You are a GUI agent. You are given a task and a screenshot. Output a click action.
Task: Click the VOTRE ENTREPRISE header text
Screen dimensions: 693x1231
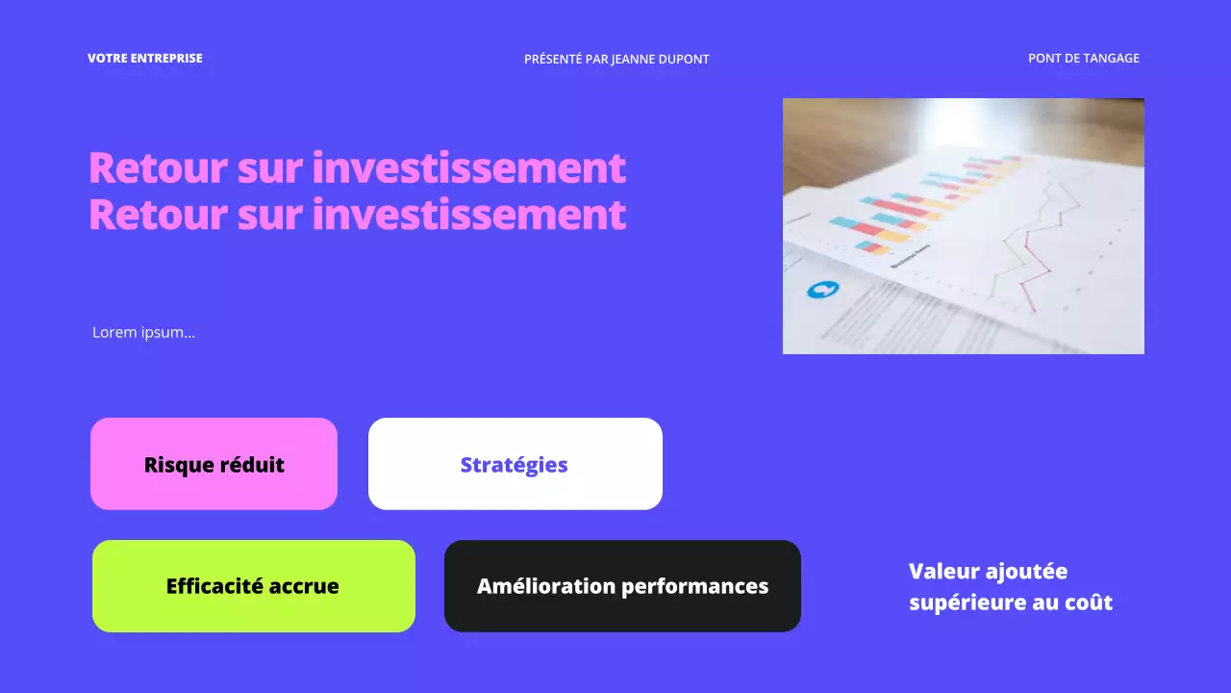[x=145, y=59]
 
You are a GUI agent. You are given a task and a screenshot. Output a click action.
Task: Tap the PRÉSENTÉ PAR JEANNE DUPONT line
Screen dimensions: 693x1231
[x=616, y=60]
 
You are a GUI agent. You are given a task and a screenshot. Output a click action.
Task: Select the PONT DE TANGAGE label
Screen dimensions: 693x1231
[x=1084, y=59]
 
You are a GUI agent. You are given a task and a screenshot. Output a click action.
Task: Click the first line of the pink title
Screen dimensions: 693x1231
[x=357, y=168]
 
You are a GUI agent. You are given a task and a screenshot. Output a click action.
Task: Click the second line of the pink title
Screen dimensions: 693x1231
[x=357, y=215]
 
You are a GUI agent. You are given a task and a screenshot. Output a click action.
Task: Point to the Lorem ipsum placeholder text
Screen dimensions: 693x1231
[x=143, y=333]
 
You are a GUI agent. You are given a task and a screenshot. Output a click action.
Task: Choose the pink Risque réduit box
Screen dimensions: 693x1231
[x=214, y=464]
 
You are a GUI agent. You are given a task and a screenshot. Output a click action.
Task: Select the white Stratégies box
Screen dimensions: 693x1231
[x=515, y=464]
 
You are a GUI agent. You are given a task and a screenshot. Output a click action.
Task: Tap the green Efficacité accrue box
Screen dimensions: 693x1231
[x=253, y=586]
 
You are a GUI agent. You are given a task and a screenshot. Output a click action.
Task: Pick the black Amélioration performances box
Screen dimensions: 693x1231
[x=622, y=586]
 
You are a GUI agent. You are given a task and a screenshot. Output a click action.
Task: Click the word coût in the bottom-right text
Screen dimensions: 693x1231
[x=1088, y=603]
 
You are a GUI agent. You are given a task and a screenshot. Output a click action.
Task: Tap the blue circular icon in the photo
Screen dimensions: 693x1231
[x=823, y=289]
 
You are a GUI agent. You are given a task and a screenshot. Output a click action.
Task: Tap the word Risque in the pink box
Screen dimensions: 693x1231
[x=179, y=465]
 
